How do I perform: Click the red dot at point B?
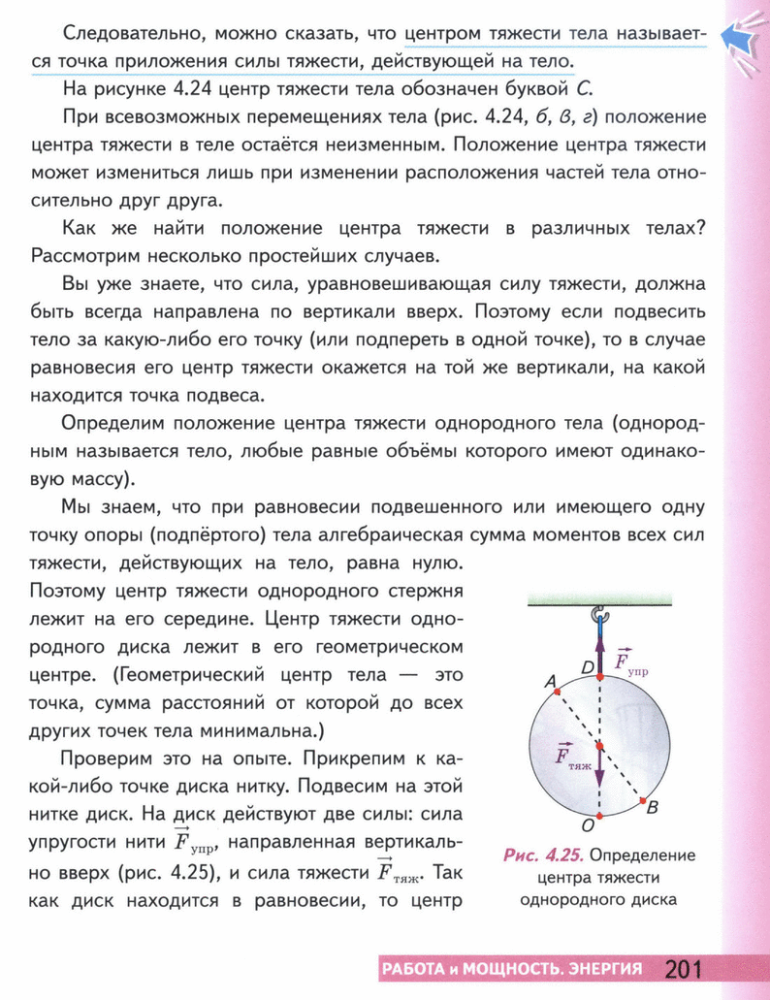tap(643, 799)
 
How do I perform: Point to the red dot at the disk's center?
tap(599, 745)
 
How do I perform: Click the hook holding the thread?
tap(599, 613)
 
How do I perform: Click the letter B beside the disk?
tap(653, 807)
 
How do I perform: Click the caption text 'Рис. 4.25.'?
tap(543, 855)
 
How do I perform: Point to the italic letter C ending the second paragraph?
tap(582, 91)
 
